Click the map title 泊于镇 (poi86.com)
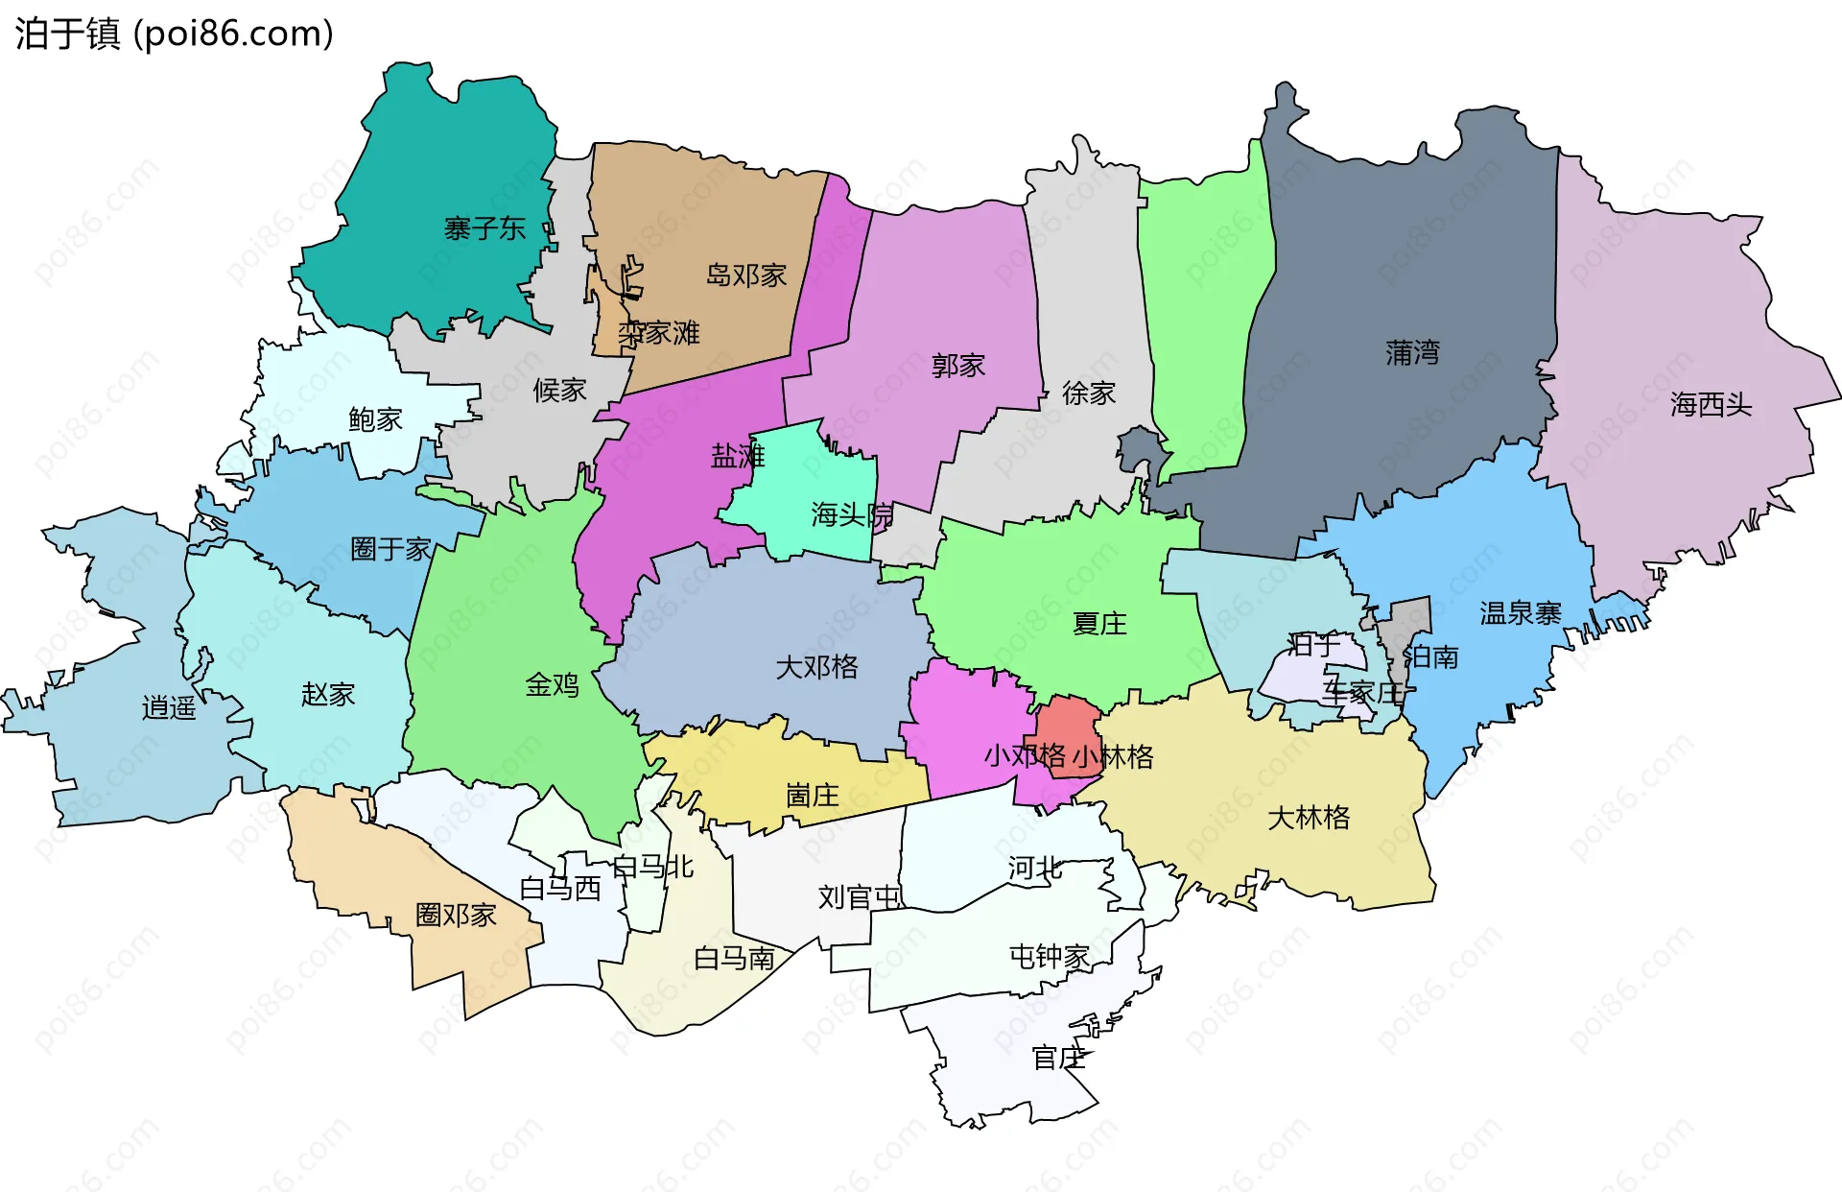tap(174, 34)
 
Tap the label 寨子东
tap(484, 228)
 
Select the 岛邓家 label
tap(745, 275)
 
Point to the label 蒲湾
tap(1412, 352)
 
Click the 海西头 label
tap(1711, 404)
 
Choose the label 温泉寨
tap(1520, 612)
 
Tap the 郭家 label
tap(958, 365)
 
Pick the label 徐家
tap(1089, 392)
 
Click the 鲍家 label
tap(375, 418)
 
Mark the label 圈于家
tap(390, 548)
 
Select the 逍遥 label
tap(169, 707)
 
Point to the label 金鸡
tap(552, 684)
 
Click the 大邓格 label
tap(816, 666)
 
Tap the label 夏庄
tap(1099, 623)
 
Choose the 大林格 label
tap(1309, 817)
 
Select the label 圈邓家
tap(456, 914)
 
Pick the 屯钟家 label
tap(1050, 956)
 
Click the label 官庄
tap(1058, 1057)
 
